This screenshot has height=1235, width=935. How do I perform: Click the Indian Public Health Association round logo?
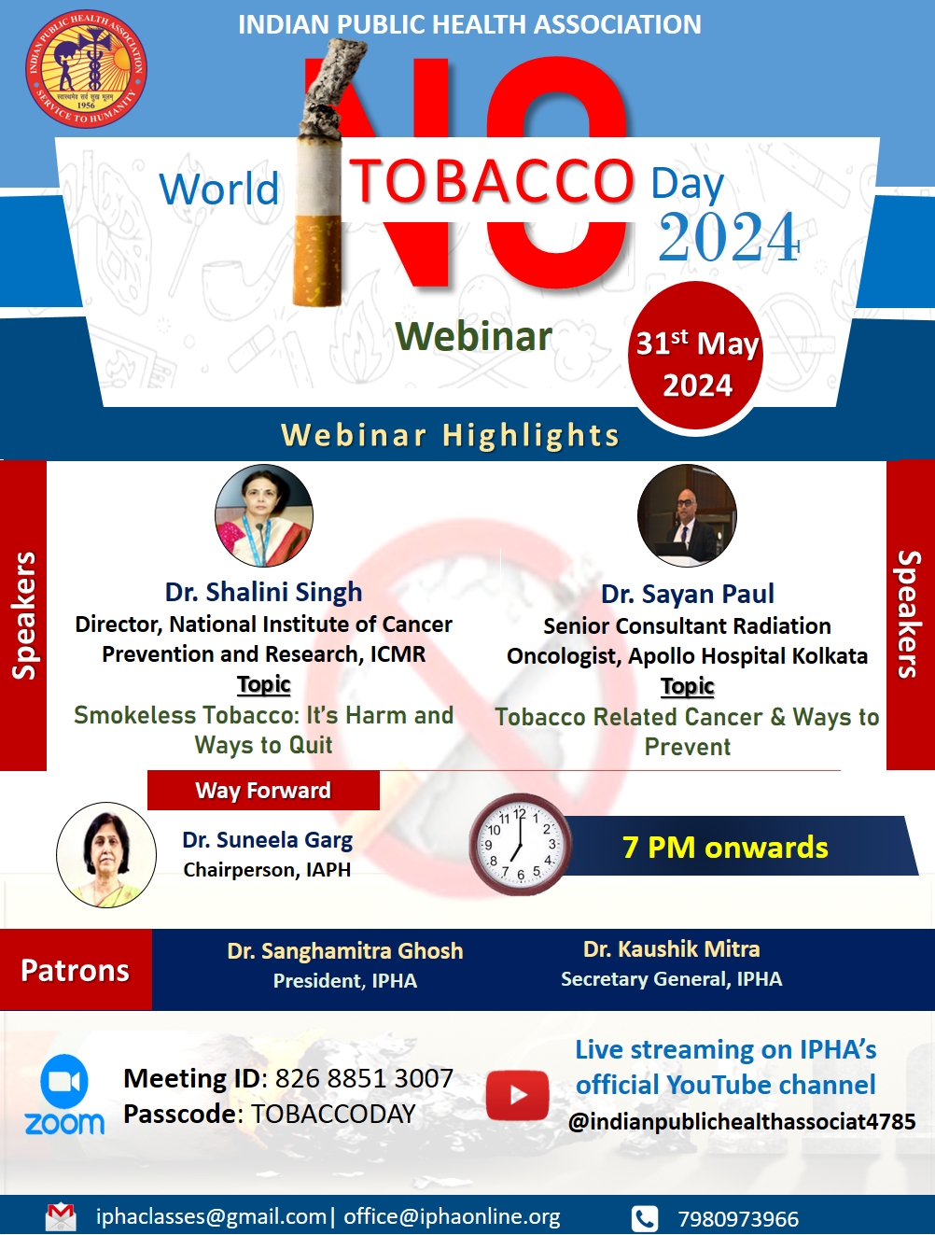pos(86,68)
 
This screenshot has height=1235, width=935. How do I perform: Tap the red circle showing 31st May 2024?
pos(696,359)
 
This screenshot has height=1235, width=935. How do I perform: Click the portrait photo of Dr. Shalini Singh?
pos(264,515)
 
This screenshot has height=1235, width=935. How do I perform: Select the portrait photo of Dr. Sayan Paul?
pos(688,515)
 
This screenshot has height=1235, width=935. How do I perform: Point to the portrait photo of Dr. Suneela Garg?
pos(106,854)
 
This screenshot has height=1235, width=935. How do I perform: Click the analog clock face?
pos(520,845)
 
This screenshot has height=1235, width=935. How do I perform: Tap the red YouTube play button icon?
pos(517,1095)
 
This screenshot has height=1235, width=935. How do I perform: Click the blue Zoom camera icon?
pos(64,1081)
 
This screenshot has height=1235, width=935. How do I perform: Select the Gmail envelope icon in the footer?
pos(61,1216)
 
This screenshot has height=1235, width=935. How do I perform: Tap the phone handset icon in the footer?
pos(645,1218)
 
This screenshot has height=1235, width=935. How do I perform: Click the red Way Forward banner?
pos(263,791)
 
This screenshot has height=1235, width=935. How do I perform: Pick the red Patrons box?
pos(76,970)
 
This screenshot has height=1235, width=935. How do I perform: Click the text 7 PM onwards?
pos(725,848)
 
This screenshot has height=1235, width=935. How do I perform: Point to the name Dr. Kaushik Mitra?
pos(671,949)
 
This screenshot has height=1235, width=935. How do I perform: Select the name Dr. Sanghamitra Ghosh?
pos(344,951)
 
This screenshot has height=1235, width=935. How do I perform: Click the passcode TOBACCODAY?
pos(333,1114)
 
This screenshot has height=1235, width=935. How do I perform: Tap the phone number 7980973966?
pos(738,1219)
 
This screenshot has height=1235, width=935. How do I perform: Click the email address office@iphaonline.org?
pos(452,1216)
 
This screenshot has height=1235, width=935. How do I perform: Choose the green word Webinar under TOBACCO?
pos(473,336)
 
